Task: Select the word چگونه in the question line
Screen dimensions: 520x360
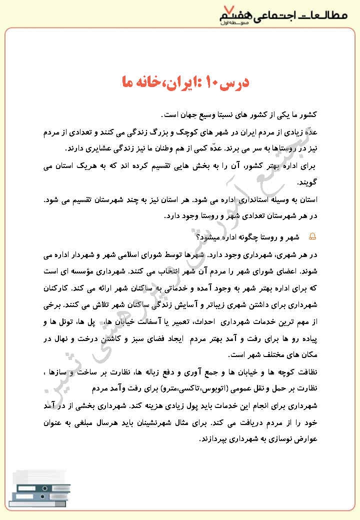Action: pos(249,235)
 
